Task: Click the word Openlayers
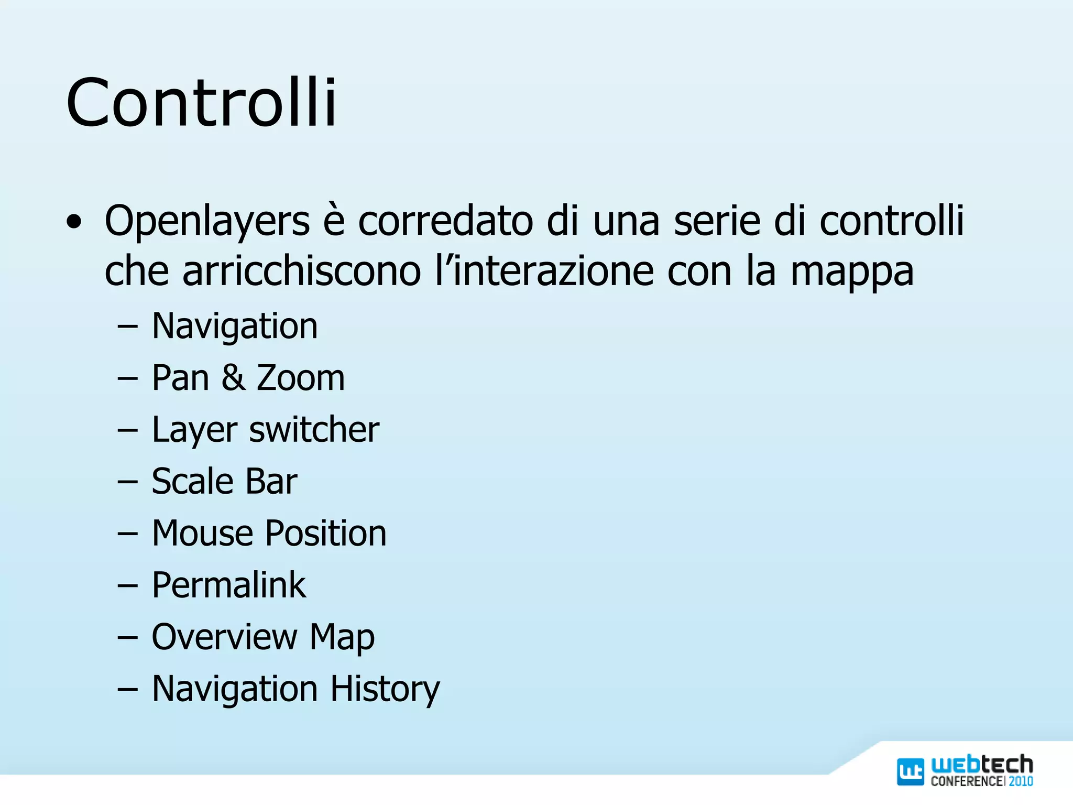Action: tap(207, 221)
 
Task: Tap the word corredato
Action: tap(446, 221)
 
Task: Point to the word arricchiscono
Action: tap(301, 271)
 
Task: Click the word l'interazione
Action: tap(544, 271)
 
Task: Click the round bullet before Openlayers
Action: tap(74, 223)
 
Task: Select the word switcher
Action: tap(314, 430)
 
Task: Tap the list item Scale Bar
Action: tap(224, 481)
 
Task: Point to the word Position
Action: tap(326, 533)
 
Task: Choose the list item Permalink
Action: tap(228, 585)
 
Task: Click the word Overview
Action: tap(224, 637)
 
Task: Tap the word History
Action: tap(385, 690)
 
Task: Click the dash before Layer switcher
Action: tap(127, 430)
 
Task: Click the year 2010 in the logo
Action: tap(1021, 781)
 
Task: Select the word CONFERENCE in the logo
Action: tap(967, 781)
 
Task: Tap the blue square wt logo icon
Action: tap(911, 771)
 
